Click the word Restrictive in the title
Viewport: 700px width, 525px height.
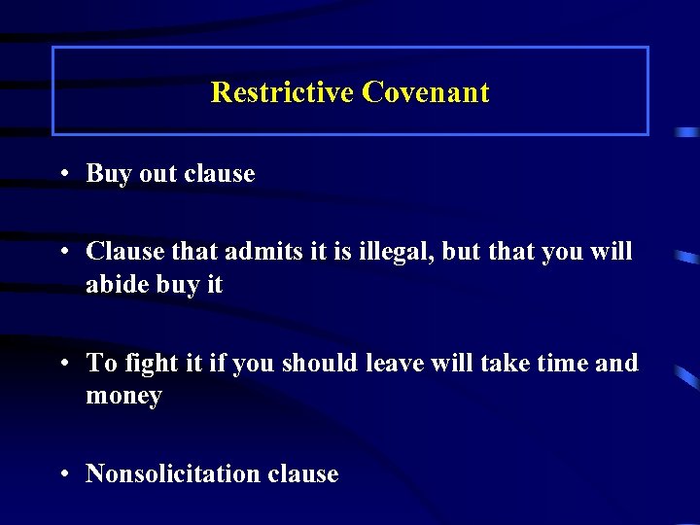[x=282, y=92]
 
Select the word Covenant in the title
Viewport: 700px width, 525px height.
[x=426, y=92]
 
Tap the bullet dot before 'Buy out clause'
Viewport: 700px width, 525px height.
[x=62, y=174]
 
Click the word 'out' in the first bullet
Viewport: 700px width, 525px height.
[x=158, y=174]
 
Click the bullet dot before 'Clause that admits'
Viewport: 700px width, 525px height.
[x=62, y=252]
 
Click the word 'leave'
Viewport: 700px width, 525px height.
[x=399, y=363]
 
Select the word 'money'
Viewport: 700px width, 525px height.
[x=123, y=397]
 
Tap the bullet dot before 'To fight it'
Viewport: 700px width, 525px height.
[x=62, y=364]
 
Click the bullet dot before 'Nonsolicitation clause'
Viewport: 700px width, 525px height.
[x=62, y=474]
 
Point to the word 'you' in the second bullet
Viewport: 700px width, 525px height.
[x=562, y=253]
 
